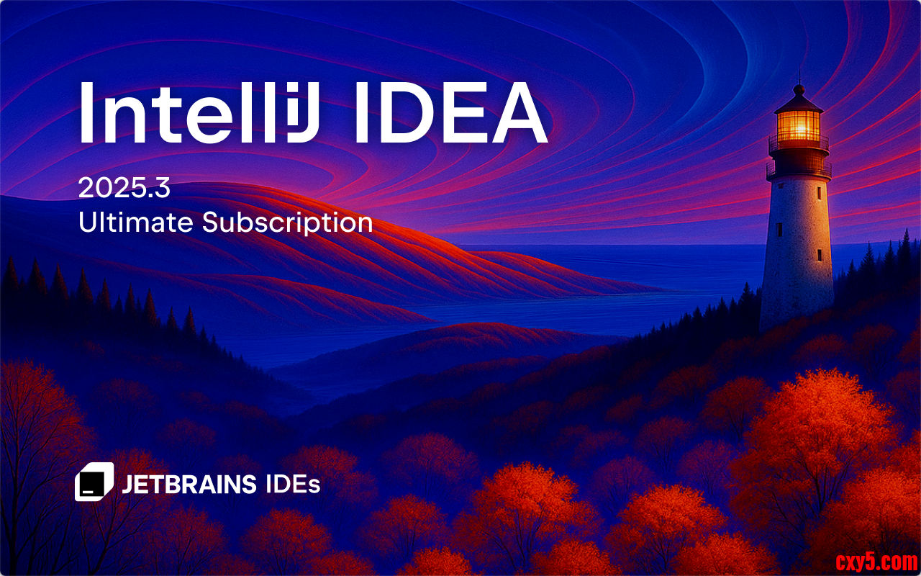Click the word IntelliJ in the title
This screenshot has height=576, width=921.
pos(199,112)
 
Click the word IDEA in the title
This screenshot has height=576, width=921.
pos(451,112)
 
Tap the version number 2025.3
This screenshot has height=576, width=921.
pos(124,188)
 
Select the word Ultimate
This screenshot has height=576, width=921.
pos(136,222)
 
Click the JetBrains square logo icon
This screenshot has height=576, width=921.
pos(94,482)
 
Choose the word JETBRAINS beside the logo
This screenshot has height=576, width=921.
pos(189,485)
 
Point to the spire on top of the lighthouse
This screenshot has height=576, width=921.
pos(799,77)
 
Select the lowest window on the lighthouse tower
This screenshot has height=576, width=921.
pos(819,255)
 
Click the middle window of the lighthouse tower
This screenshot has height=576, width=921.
pos(779,230)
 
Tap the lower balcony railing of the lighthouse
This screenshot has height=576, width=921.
pos(799,168)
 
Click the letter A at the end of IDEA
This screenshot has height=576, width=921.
pos(520,112)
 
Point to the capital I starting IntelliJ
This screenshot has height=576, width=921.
pos(84,112)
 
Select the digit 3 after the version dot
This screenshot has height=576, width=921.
pos(162,188)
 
